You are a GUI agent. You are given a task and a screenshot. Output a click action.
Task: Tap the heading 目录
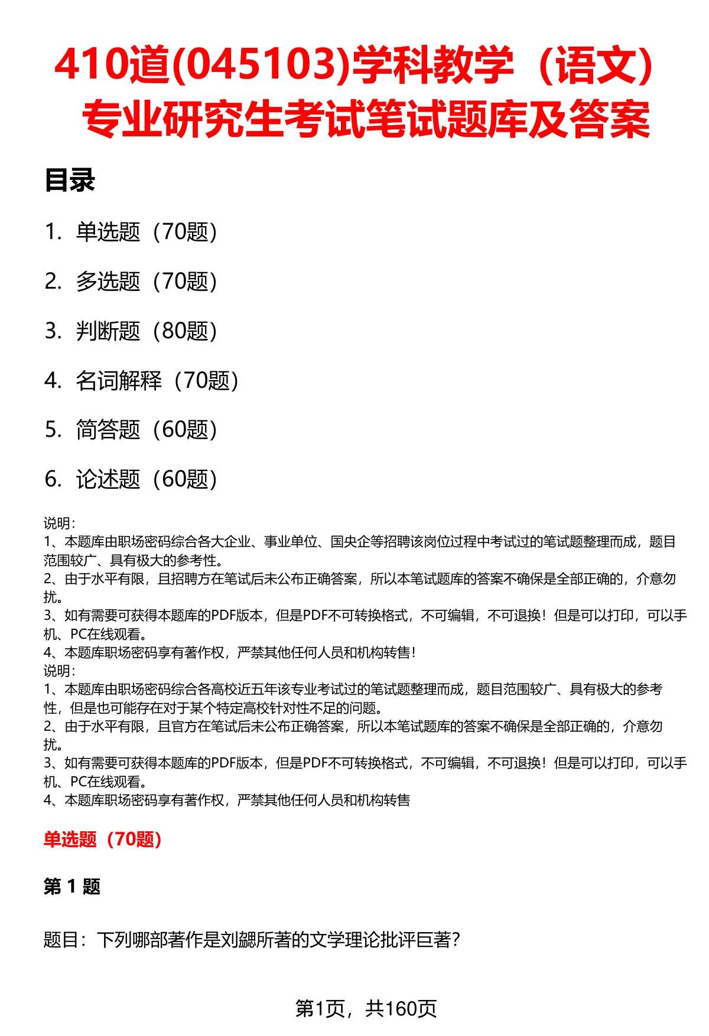(70, 181)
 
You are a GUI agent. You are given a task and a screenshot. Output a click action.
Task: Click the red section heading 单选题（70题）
(103, 839)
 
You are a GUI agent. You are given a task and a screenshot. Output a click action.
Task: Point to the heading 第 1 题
(72, 887)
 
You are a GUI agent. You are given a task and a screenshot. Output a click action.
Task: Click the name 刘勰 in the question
(253, 939)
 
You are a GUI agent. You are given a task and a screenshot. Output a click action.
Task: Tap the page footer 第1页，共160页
(366, 1009)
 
